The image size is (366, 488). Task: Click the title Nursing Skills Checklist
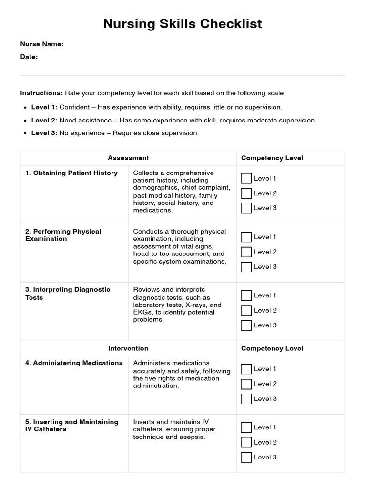pyautogui.click(x=183, y=24)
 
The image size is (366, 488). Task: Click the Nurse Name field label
pyautogui.click(x=41, y=44)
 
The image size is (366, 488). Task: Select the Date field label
pyautogui.click(x=29, y=57)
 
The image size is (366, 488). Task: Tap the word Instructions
pyautogui.click(x=41, y=93)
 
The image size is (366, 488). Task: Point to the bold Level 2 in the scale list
pyautogui.click(x=44, y=120)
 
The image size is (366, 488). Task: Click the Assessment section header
pyautogui.click(x=128, y=158)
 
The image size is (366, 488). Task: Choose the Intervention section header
pyautogui.click(x=128, y=348)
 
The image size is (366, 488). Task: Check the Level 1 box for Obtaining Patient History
pyautogui.click(x=246, y=178)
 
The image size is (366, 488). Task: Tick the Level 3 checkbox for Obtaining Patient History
pyautogui.click(x=246, y=208)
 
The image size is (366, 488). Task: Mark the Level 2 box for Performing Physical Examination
pyautogui.click(x=246, y=252)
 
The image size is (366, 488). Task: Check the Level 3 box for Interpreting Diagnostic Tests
pyautogui.click(x=246, y=325)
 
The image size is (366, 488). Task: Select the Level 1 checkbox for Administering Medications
pyautogui.click(x=246, y=369)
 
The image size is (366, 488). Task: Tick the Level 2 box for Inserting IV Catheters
pyautogui.click(x=246, y=442)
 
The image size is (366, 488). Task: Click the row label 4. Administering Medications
pyautogui.click(x=74, y=363)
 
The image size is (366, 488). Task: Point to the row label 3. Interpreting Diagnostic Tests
pyautogui.click(x=68, y=293)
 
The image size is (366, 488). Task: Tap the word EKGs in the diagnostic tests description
pyautogui.click(x=142, y=312)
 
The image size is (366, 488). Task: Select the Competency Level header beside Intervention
pyautogui.click(x=272, y=348)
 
